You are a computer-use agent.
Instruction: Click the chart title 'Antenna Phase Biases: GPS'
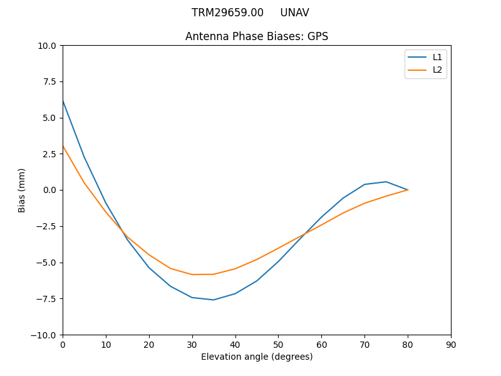[x=257, y=36]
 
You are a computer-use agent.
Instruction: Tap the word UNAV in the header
[x=294, y=13]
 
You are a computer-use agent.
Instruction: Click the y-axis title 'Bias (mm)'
[x=22, y=190]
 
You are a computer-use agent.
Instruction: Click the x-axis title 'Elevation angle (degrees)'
[x=257, y=357]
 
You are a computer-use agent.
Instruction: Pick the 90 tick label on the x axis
[x=451, y=345]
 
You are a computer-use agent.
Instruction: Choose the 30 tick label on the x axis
[x=192, y=345]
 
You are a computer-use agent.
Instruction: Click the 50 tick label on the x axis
[x=278, y=345]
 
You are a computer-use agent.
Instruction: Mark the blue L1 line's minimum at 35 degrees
[x=214, y=300]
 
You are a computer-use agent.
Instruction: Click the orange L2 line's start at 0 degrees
[x=63, y=147]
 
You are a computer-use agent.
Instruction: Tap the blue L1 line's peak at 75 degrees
[x=386, y=182]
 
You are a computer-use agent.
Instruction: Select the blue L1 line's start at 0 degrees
[x=63, y=100]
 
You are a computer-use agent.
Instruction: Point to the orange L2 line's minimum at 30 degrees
[x=192, y=274]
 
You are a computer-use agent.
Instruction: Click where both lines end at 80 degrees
[x=408, y=190]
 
